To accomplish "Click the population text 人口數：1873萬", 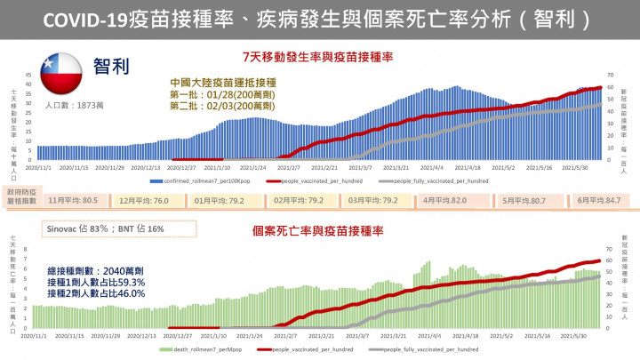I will (x=75, y=107).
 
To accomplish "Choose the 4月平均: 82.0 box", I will (x=445, y=201).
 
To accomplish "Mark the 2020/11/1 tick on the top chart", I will (x=39, y=167).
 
